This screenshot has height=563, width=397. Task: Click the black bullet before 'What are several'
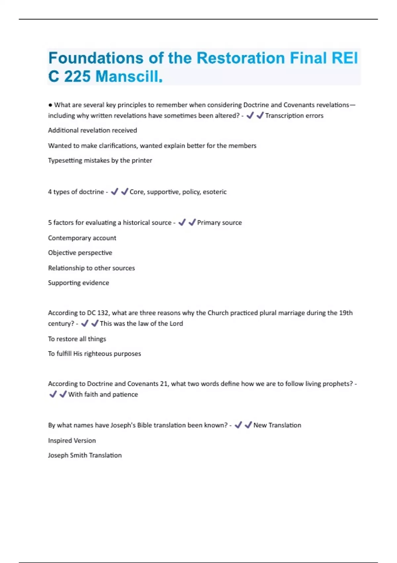coord(50,105)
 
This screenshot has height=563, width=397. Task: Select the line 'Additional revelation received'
coord(92,130)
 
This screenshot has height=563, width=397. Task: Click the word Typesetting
coord(65,161)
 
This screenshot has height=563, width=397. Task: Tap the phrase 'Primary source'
coord(219,223)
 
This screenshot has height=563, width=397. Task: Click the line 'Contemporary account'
coord(82,238)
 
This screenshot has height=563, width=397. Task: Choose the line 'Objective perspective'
coord(80,253)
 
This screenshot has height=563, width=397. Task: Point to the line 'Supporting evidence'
coord(78,283)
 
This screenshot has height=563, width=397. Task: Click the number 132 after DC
coord(103,313)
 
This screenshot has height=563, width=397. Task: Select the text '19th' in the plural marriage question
coord(346,313)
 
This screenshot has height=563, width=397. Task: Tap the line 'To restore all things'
coord(77,339)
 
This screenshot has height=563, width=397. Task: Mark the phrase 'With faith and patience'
coord(103,394)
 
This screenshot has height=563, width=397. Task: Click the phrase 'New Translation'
coord(277,425)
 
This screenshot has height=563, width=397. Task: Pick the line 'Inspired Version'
coord(72,441)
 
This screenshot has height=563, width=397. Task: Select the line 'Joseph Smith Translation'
coord(85,455)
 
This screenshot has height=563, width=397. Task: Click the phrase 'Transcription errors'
coord(294,116)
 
